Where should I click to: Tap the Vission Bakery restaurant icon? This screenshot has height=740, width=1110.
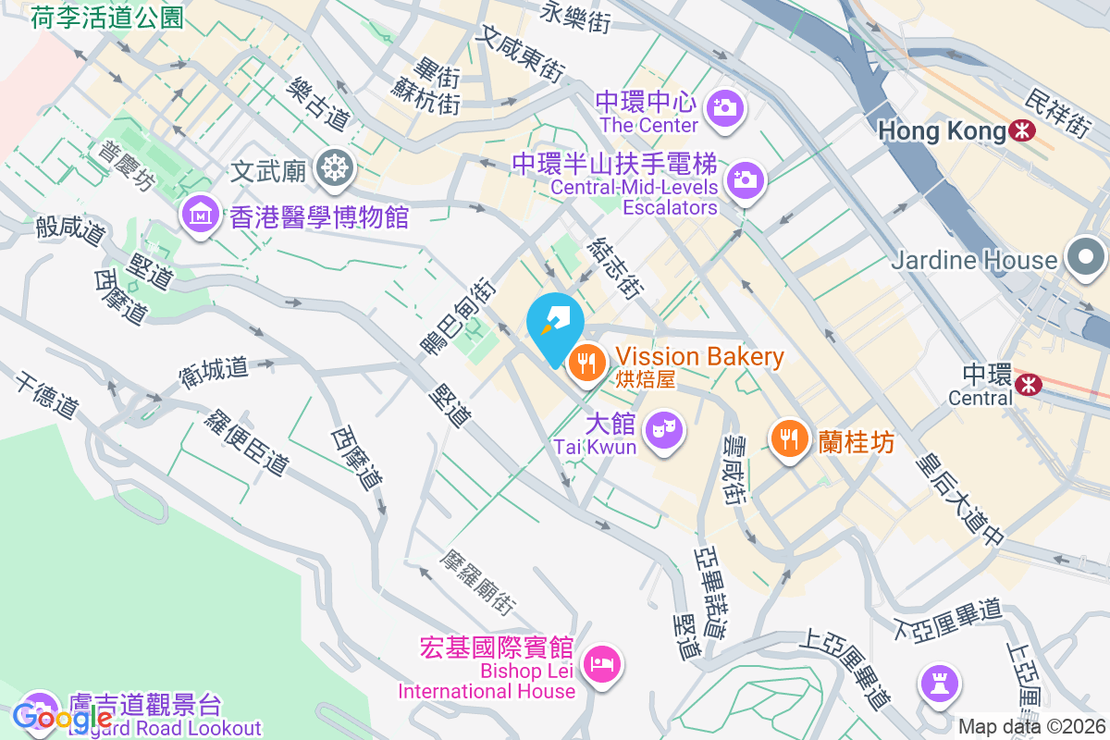click(586, 363)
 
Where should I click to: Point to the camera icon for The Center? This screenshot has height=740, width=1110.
click(724, 108)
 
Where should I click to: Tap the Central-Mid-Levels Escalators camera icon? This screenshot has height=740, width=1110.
click(745, 180)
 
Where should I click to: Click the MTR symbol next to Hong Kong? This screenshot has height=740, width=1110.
click(1022, 131)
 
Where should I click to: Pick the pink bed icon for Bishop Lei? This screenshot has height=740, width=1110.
click(602, 663)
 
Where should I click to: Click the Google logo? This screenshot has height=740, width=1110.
click(63, 717)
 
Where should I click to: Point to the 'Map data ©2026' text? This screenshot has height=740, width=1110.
click(1031, 727)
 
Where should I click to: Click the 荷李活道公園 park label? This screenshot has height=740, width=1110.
click(107, 17)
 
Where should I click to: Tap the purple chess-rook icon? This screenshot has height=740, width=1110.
click(940, 684)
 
